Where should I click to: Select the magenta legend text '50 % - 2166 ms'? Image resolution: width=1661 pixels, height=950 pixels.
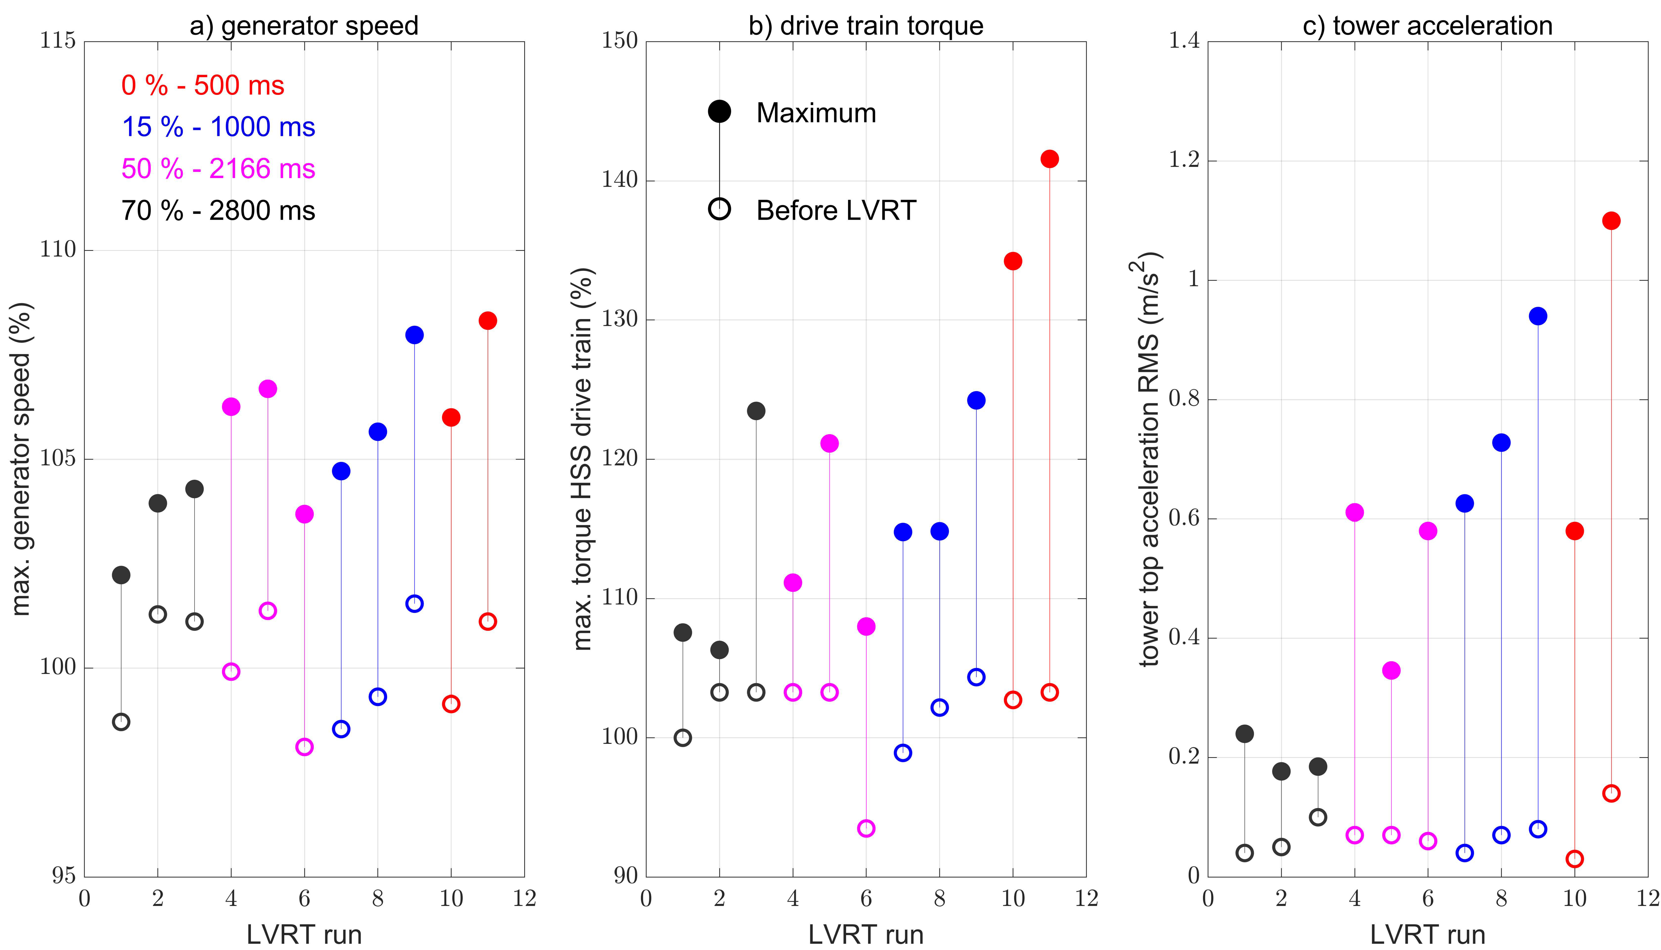coord(218,169)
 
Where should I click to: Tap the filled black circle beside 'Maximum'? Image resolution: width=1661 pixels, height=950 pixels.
coord(719,112)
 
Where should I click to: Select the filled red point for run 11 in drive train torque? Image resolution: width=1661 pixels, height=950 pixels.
coord(1049,159)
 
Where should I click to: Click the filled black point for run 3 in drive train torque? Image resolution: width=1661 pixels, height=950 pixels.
coord(755,411)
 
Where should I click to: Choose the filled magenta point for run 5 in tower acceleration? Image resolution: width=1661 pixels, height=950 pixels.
coord(1391,670)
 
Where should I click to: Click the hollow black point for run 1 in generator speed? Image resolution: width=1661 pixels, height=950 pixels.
coord(121,722)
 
